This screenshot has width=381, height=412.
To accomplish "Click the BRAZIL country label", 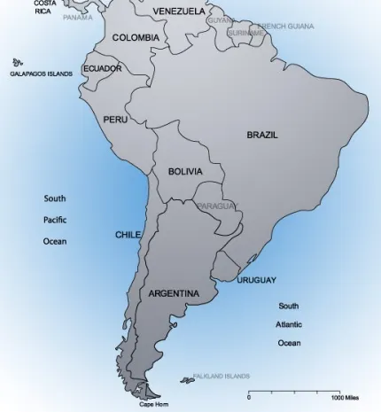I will click(261, 135).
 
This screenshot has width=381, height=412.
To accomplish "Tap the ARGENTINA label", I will click(173, 292).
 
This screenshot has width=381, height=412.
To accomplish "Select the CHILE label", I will click(128, 235).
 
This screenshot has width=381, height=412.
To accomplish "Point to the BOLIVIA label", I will click(185, 171).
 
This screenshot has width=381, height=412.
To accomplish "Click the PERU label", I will click(115, 119).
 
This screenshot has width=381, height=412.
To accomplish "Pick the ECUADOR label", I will click(102, 68).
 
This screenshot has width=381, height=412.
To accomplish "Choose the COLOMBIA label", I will click(136, 37).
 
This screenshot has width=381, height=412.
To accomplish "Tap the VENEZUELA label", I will click(178, 11).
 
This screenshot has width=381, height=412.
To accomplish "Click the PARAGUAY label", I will click(217, 206).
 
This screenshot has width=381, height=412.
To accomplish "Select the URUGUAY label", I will click(256, 280).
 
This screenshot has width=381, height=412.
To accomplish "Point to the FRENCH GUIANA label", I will click(285, 27).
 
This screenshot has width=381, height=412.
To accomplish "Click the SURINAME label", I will click(245, 33).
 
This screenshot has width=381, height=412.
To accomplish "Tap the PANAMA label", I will click(77, 17).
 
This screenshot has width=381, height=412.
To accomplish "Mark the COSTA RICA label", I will click(43, 7).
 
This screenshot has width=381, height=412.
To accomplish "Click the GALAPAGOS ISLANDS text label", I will click(41, 74).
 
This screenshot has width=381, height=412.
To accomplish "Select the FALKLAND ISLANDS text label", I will click(221, 376).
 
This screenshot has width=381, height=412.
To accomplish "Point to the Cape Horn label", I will click(152, 405).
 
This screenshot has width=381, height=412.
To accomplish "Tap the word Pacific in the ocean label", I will click(55, 220).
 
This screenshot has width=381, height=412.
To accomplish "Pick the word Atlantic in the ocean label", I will click(289, 324).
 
